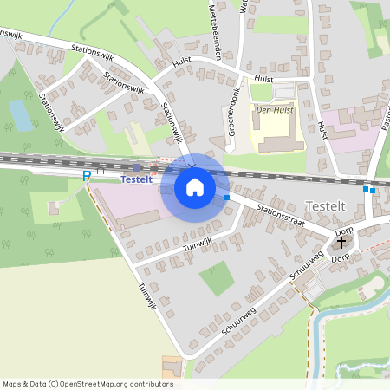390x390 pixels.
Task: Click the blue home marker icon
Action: point(194,186)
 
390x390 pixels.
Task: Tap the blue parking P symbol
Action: point(86,176)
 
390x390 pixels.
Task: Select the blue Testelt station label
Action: point(136,179)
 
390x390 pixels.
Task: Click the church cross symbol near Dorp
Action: point(340,244)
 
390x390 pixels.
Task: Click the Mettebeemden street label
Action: point(216,34)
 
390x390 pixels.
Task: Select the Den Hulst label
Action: point(272,110)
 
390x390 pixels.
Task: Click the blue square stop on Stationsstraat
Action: point(227,198)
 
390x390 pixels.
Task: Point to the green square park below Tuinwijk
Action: point(217,278)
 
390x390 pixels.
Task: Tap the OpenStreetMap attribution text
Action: point(88,384)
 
